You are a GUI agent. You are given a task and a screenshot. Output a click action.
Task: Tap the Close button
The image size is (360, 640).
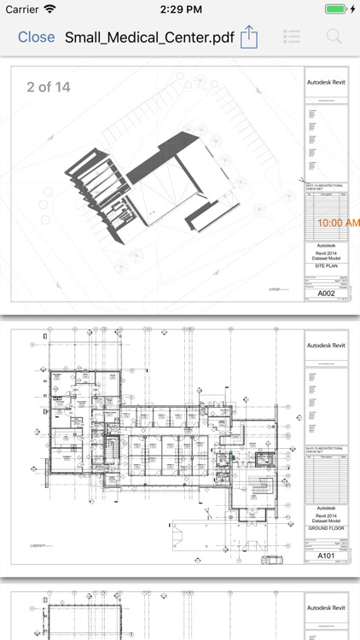(36, 37)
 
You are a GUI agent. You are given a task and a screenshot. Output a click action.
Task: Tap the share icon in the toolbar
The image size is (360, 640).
(248, 37)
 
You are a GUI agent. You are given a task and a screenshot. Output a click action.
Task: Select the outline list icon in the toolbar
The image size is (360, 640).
(293, 37)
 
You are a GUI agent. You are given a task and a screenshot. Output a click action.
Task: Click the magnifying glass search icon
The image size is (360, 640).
(334, 37)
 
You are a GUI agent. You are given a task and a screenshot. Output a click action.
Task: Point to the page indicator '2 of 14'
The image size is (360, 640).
(49, 87)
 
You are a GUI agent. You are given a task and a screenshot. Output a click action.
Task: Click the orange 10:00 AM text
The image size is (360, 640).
(338, 223)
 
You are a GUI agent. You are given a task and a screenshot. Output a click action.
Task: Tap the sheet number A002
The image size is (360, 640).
(326, 294)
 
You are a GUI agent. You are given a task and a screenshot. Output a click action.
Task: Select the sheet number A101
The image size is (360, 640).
(326, 556)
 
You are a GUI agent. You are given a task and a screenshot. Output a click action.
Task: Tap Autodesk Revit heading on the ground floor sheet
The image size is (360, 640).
(326, 346)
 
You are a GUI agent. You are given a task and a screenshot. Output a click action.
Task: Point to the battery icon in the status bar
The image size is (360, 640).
(336, 9)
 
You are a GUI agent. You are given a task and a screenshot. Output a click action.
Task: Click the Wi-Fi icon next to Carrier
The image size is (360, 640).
(49, 9)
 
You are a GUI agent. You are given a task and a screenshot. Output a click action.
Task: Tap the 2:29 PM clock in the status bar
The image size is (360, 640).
(179, 9)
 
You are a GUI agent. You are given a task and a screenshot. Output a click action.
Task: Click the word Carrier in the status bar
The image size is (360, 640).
(22, 9)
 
